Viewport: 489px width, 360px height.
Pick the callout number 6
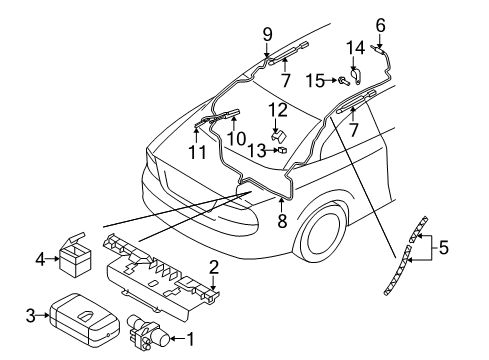[x=380, y=24]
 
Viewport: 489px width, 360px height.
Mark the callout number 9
[x=267, y=34]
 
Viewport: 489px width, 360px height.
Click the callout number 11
[x=197, y=154]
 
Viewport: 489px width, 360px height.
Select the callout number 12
[x=282, y=108]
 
